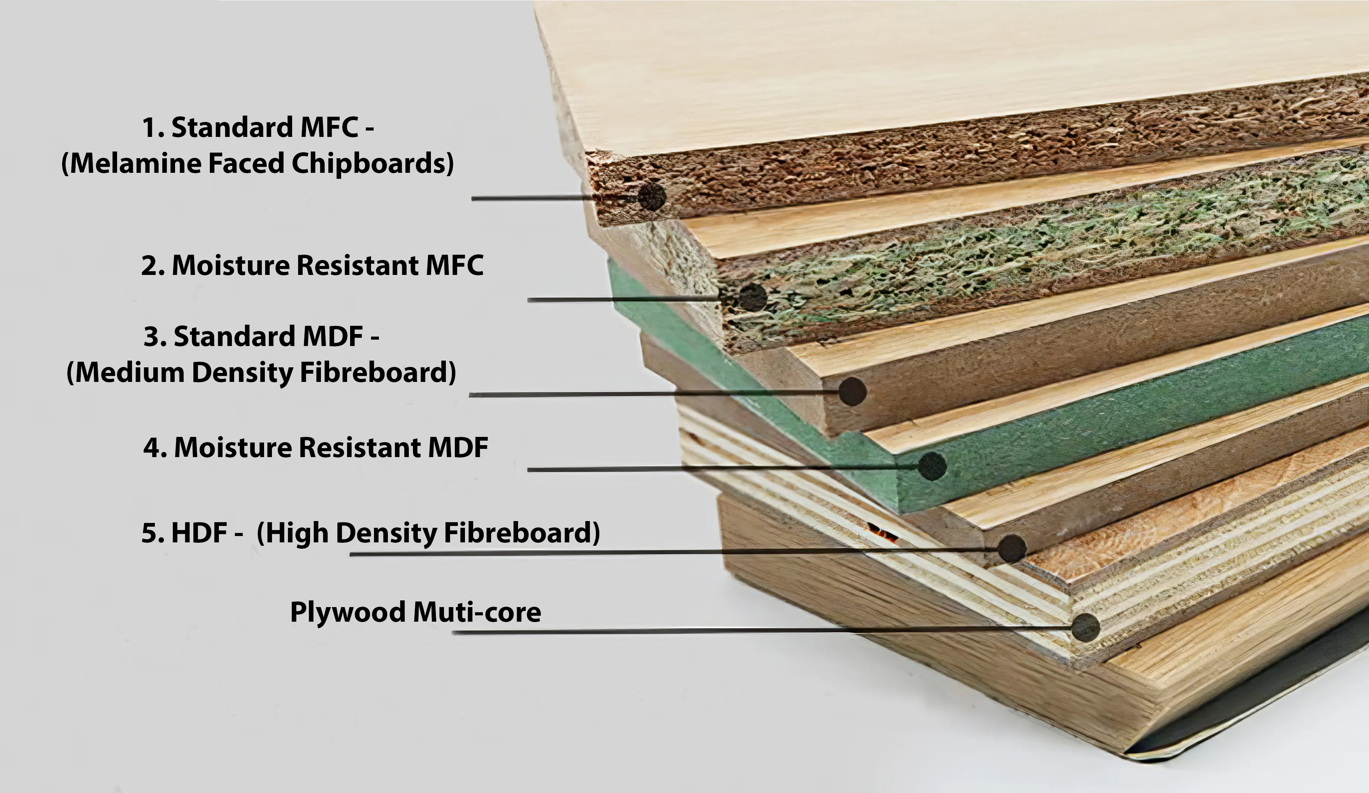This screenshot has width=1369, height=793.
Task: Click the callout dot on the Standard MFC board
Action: coord(651,197)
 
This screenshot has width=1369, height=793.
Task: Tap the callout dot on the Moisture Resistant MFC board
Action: coord(753,297)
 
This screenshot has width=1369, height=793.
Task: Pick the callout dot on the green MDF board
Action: coord(932,466)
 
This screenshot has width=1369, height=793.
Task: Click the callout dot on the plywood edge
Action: coord(1085,627)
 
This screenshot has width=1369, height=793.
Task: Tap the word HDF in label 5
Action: coord(199,533)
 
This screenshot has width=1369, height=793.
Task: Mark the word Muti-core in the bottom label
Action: coord(477,612)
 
